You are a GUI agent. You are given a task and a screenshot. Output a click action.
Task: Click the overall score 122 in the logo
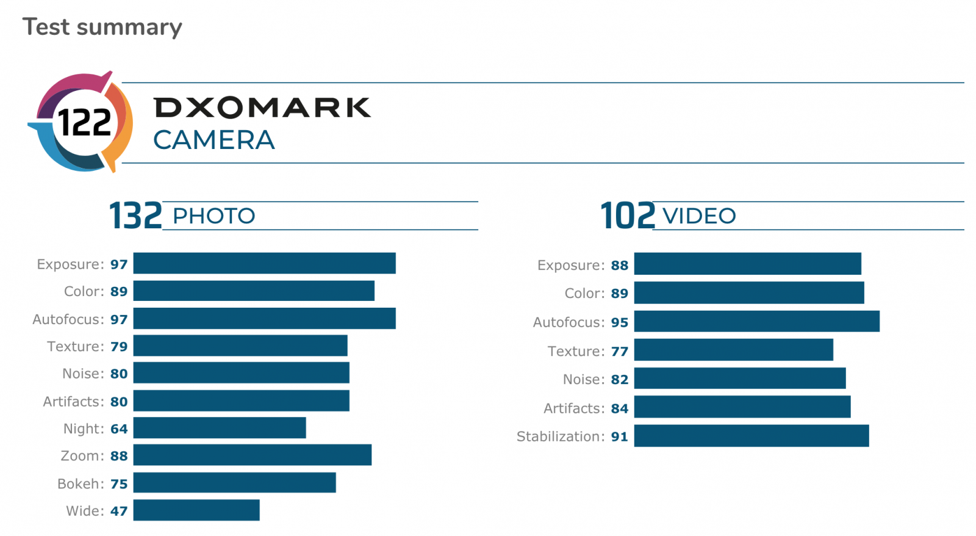(85, 122)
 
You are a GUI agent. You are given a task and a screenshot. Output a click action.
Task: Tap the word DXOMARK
(262, 107)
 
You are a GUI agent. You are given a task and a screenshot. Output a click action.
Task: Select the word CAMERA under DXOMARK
(213, 140)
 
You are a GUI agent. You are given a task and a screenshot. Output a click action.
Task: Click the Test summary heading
(102, 27)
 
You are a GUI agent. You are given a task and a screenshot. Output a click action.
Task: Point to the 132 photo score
(135, 216)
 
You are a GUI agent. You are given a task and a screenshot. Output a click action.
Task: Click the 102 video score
(627, 216)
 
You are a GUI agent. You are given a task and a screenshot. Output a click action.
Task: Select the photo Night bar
(220, 428)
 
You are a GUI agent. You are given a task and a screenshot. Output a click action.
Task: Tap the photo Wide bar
(196, 510)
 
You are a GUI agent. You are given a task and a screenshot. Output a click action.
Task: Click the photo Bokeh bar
(234, 482)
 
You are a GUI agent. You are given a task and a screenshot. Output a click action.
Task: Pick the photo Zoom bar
(253, 455)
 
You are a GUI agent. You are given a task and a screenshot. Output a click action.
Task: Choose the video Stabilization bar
(752, 436)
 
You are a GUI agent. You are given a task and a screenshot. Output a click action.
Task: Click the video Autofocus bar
(757, 321)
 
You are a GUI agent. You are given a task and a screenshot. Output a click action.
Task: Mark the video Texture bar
(734, 350)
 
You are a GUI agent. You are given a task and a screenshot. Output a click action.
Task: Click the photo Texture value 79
(119, 347)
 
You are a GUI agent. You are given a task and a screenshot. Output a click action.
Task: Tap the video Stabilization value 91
(620, 436)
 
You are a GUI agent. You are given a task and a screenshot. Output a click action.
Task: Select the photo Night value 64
(119, 429)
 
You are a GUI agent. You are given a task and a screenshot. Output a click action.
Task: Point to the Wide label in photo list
(85, 511)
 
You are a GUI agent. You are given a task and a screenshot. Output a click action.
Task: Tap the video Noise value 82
(620, 380)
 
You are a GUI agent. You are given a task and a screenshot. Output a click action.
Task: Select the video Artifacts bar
(742, 407)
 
